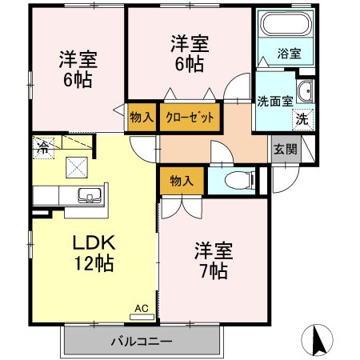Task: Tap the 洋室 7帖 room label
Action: (213, 261)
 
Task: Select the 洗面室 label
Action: (273, 102)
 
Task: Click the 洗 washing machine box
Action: (302, 118)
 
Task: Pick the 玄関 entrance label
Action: (283, 149)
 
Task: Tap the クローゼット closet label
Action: (190, 118)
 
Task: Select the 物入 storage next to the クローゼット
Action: (142, 118)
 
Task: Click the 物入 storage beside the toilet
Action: (182, 181)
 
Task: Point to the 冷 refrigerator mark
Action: (41, 146)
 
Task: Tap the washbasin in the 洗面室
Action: (305, 90)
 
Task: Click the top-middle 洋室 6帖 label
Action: (189, 52)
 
